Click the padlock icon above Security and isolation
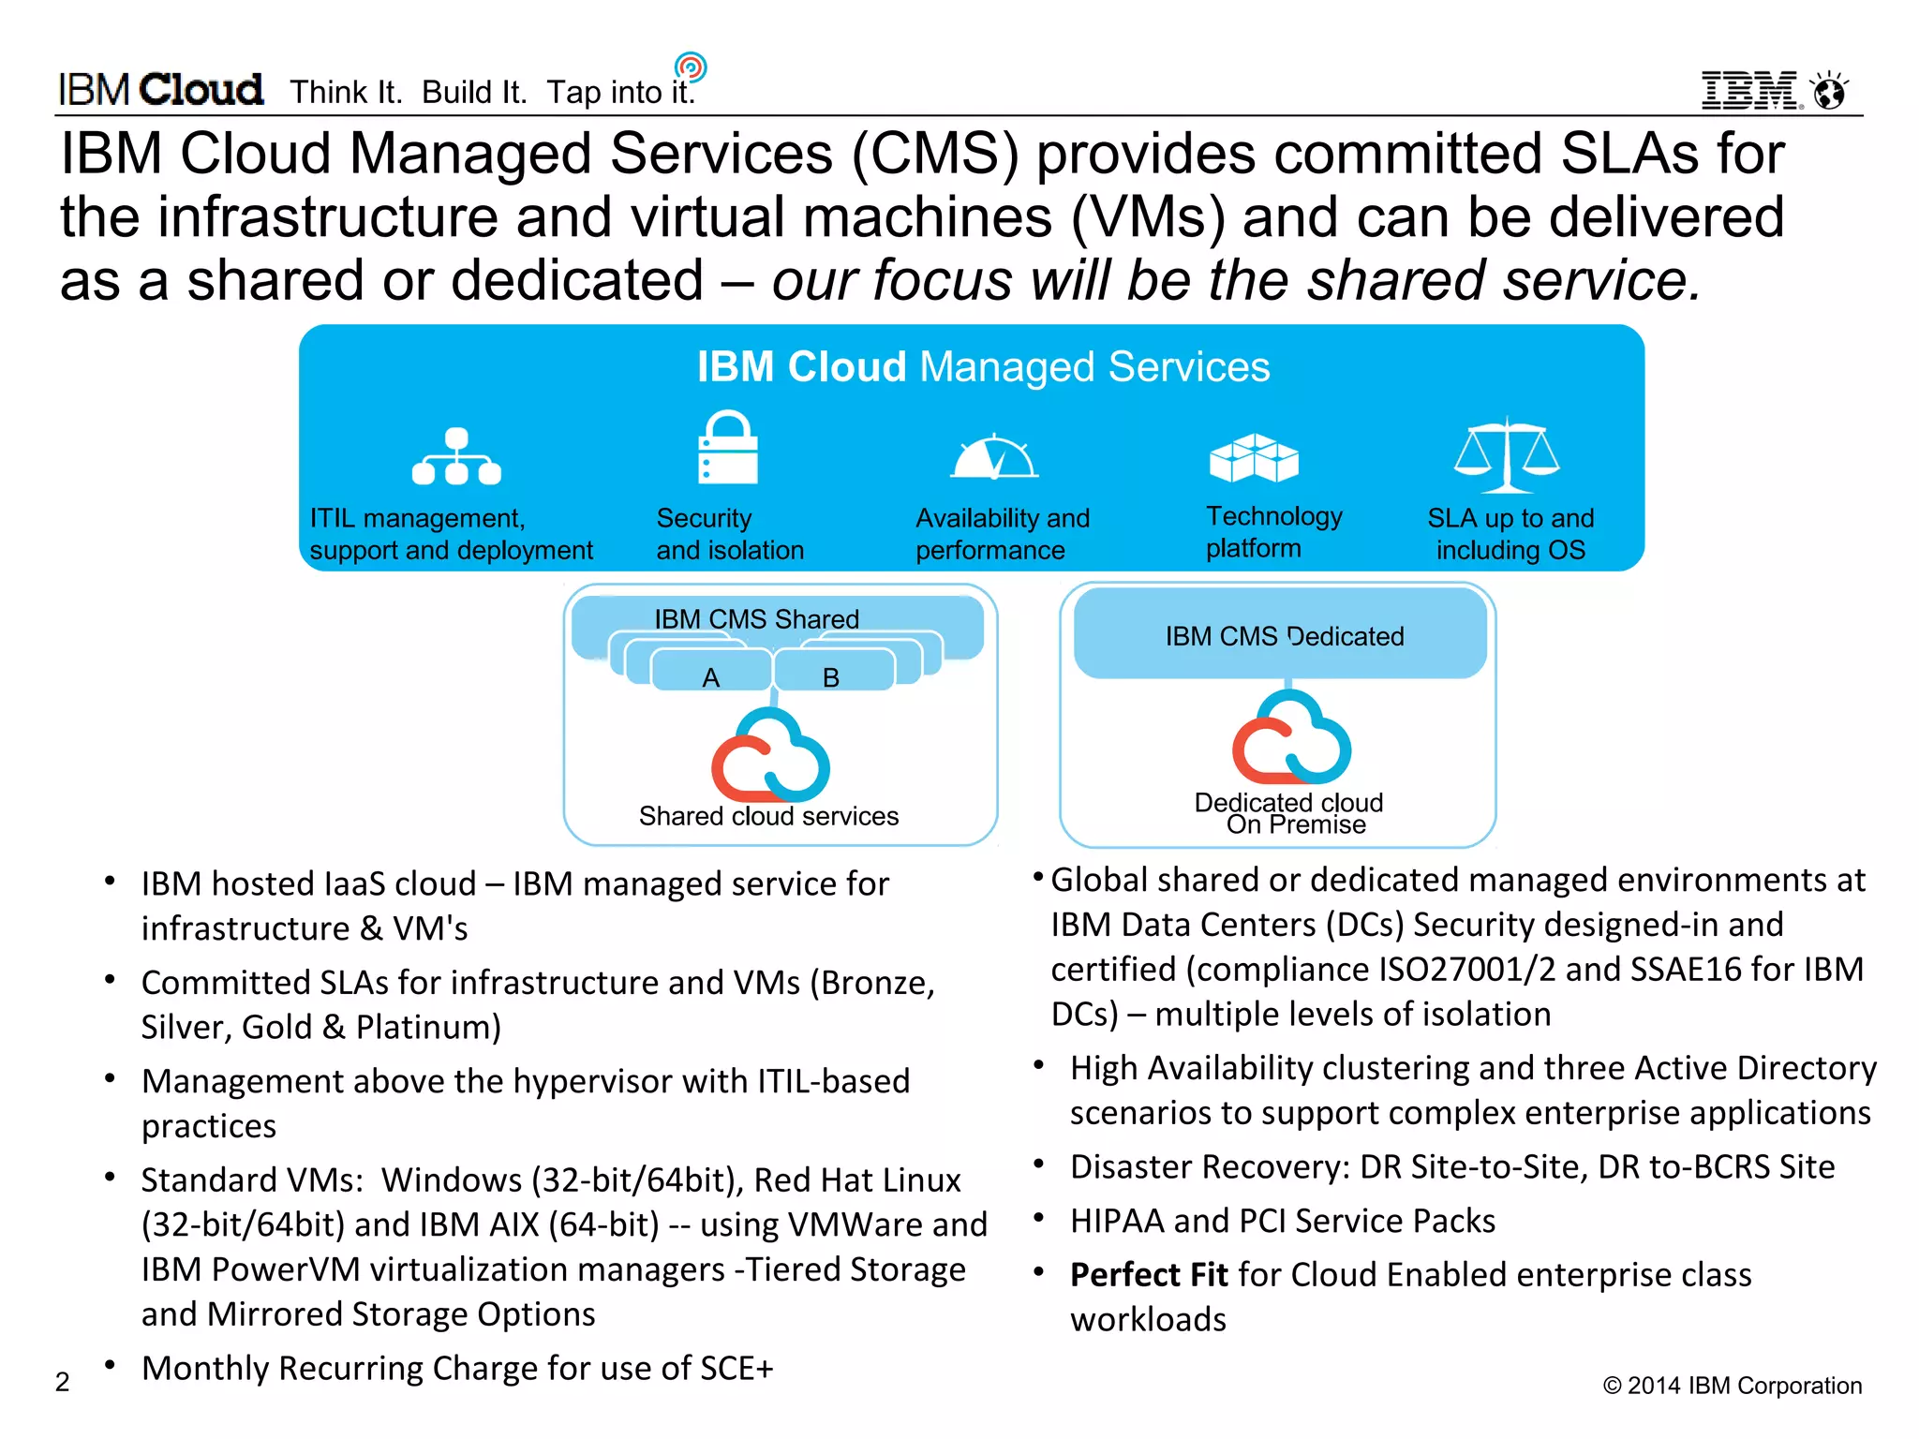pyautogui.click(x=727, y=447)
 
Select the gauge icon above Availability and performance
pyautogui.click(x=994, y=457)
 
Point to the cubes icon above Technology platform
pyautogui.click(x=1254, y=457)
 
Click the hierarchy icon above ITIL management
pyautogui.click(x=456, y=456)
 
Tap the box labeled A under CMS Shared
pyautogui.click(x=711, y=676)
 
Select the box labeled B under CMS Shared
pyautogui.click(x=831, y=676)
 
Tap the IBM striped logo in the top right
pyautogui.click(x=1749, y=91)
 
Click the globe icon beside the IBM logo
pyautogui.click(x=1829, y=92)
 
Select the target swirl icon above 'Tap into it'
pyautogui.click(x=691, y=67)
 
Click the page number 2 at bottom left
pyautogui.click(x=63, y=1382)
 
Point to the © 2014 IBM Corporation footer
pyautogui.click(x=1732, y=1386)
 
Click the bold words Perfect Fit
pyautogui.click(x=1148, y=1275)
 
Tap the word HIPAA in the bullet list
pyautogui.click(x=1117, y=1221)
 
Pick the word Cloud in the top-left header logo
pyautogui.click(x=201, y=90)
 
